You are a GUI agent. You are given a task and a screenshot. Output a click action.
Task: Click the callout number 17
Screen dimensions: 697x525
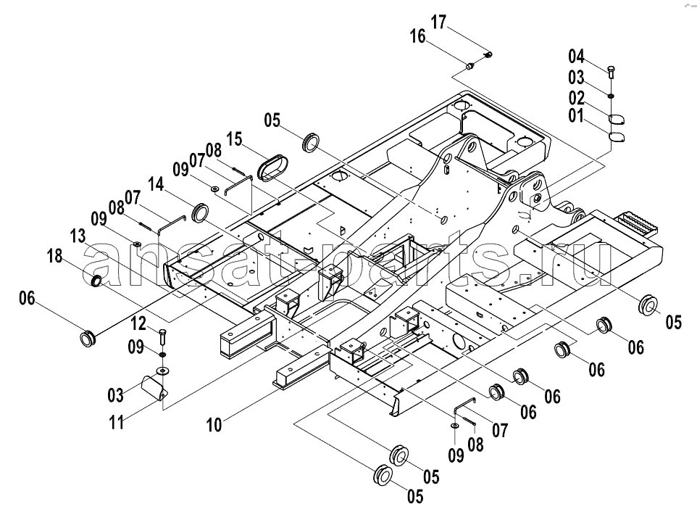tap(438, 22)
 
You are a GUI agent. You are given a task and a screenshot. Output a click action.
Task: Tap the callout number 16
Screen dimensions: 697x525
tap(417, 36)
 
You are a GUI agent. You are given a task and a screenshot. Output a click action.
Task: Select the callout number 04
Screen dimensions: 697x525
tap(576, 57)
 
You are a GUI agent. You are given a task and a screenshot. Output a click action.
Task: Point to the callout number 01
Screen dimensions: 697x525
tap(576, 116)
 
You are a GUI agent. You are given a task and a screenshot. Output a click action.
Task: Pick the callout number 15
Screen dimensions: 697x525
tap(234, 139)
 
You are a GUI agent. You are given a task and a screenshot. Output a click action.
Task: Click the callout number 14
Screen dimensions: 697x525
tap(156, 183)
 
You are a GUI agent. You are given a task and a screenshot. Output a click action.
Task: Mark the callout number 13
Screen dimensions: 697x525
tap(78, 236)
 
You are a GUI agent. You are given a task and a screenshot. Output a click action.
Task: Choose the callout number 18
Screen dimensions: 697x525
tap(55, 257)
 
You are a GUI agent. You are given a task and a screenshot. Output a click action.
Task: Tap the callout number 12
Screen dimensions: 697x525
tap(138, 323)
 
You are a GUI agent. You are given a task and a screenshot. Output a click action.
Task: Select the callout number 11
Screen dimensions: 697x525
tap(117, 422)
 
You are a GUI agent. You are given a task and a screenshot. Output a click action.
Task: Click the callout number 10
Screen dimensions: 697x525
tap(214, 425)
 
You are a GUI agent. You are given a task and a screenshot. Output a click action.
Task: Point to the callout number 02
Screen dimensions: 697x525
tap(577, 98)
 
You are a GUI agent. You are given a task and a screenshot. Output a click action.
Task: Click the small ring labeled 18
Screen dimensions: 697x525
tap(96, 281)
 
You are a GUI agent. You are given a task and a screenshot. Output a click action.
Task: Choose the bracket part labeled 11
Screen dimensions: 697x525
tap(154, 387)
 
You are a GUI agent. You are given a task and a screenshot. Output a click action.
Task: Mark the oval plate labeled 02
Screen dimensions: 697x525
tap(617, 119)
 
